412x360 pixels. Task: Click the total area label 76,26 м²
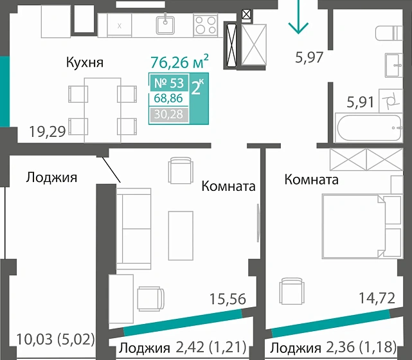pyautogui.click(x=179, y=62)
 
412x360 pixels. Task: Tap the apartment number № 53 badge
pyautogui.click(x=168, y=84)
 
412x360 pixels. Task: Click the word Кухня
pyautogui.click(x=85, y=62)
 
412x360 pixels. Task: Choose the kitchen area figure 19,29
pyautogui.click(x=48, y=132)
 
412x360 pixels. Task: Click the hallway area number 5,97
pyautogui.click(x=309, y=57)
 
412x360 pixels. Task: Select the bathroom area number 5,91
pyautogui.click(x=360, y=101)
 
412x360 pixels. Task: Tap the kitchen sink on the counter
pyautogui.click(x=166, y=24)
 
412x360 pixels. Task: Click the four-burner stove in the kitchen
pyautogui.click(x=206, y=24)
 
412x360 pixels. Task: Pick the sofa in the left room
pyautogui.click(x=134, y=228)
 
